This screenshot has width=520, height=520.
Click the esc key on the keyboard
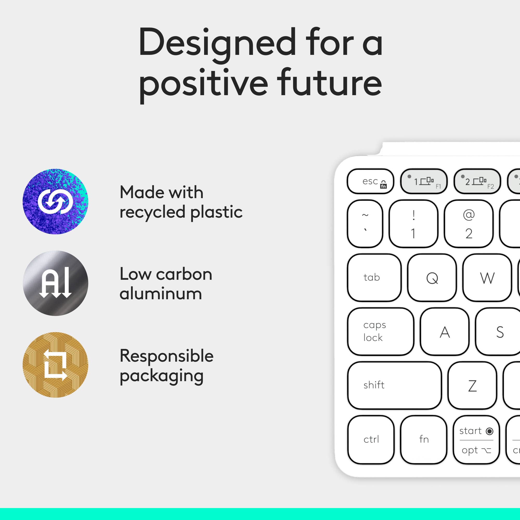(x=370, y=181)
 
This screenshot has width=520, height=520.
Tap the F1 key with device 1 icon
(x=424, y=181)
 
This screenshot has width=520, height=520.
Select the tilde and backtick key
(x=365, y=224)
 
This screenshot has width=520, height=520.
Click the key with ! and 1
(x=413, y=224)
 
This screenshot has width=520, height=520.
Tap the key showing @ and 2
(x=469, y=224)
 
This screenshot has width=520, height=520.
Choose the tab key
(x=374, y=277)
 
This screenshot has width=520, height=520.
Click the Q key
(x=432, y=277)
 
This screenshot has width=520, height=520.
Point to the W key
(x=487, y=277)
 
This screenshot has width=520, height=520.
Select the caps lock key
(x=381, y=331)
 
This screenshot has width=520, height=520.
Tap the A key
(x=445, y=331)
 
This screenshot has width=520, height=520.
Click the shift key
(x=394, y=385)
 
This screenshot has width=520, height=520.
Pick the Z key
(x=472, y=385)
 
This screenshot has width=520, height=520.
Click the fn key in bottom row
(x=424, y=439)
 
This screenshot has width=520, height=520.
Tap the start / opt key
(x=476, y=439)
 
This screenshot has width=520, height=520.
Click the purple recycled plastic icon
(x=55, y=201)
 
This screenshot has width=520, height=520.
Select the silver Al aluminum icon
(x=55, y=283)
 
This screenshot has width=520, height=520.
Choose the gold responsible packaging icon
(x=55, y=365)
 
